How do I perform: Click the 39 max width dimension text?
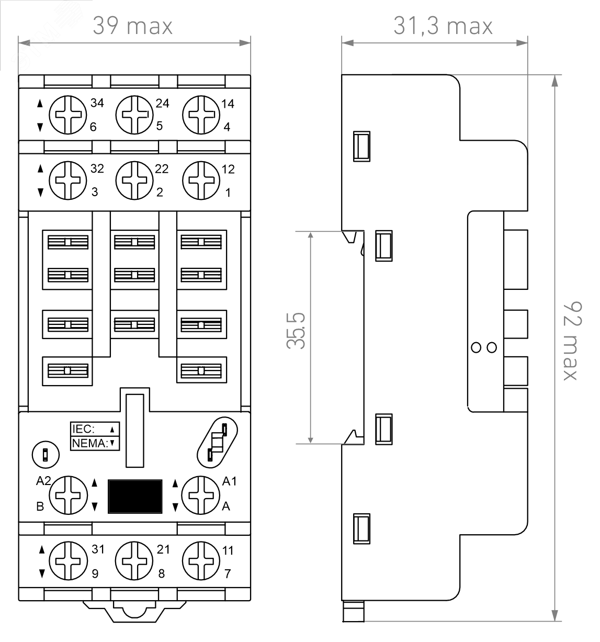133,26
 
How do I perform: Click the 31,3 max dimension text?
443,26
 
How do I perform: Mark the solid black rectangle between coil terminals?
134,495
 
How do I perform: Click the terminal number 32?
97,169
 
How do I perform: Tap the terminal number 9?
95,573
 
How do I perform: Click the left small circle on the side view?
477,347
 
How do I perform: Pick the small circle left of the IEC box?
46,454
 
